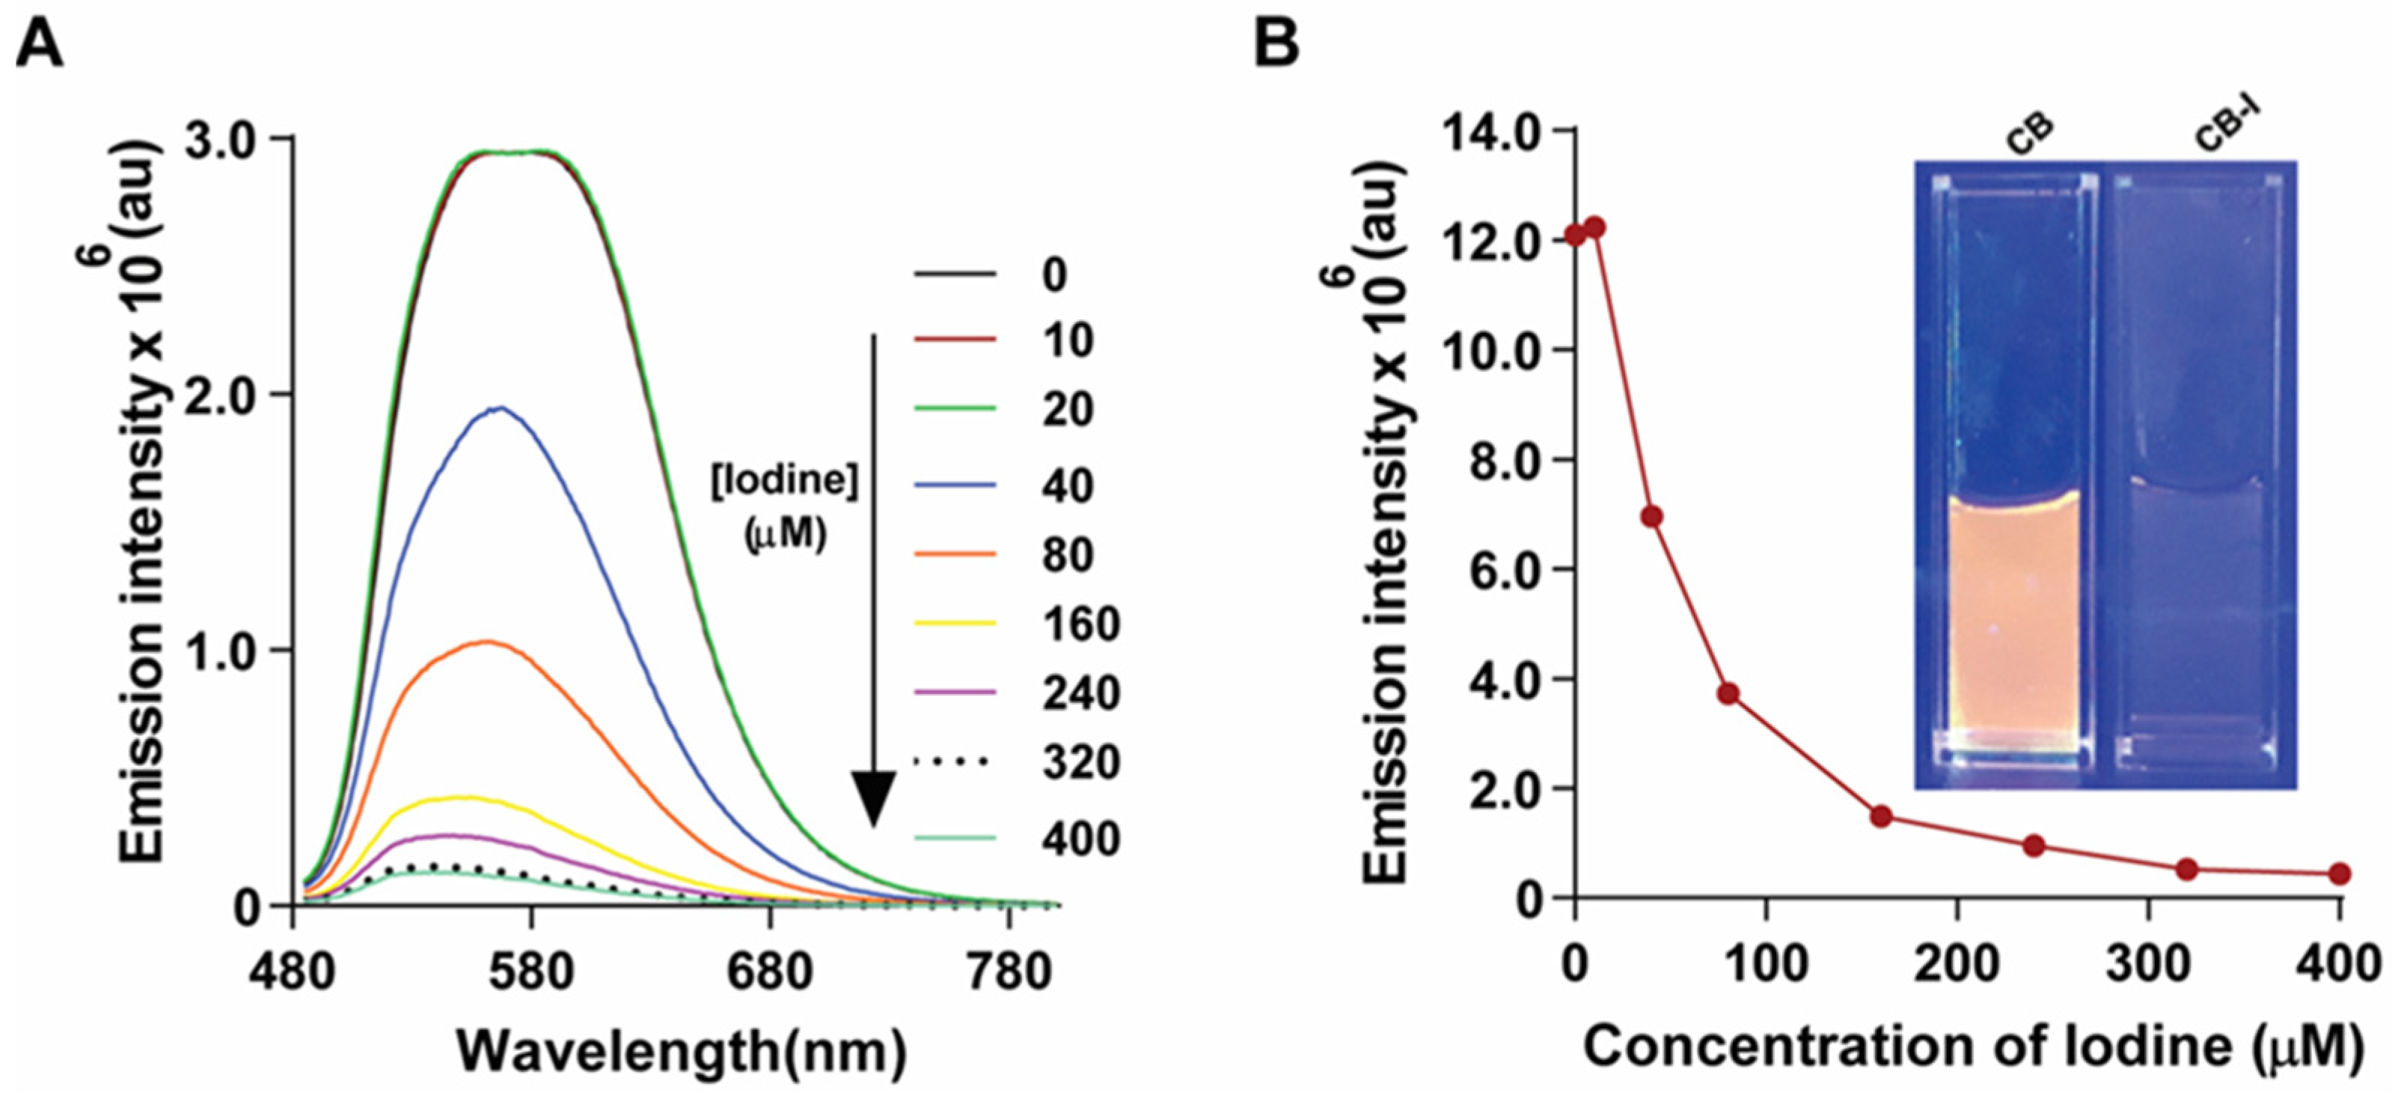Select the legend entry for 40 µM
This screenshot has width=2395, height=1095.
(1065, 485)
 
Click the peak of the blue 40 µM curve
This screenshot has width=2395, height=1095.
(501, 408)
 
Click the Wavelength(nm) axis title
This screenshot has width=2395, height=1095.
(682, 1052)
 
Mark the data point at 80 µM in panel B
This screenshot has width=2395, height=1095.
(1728, 693)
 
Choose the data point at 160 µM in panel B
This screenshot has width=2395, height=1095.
(1881, 816)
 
